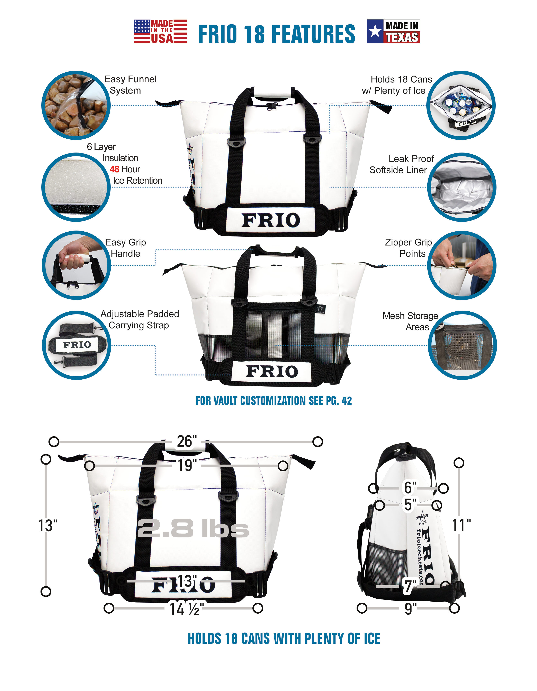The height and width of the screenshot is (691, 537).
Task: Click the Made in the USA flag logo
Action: tap(160, 31)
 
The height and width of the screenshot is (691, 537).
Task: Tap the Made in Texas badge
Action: tap(393, 31)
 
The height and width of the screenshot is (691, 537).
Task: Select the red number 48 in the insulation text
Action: tap(114, 169)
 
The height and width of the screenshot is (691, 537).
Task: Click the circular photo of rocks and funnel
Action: tap(76, 105)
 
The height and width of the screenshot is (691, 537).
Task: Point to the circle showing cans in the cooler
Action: tap(461, 105)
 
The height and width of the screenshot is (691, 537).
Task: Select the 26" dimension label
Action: tap(187, 442)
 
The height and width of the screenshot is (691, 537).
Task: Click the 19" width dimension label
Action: tap(187, 465)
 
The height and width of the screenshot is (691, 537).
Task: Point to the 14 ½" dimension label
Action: tap(186, 608)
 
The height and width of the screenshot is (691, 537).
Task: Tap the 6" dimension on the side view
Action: tap(410, 487)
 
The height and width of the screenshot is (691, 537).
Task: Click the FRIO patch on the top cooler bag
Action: tap(271, 220)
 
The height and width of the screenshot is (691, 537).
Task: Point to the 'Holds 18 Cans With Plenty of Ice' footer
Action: tap(284, 638)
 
